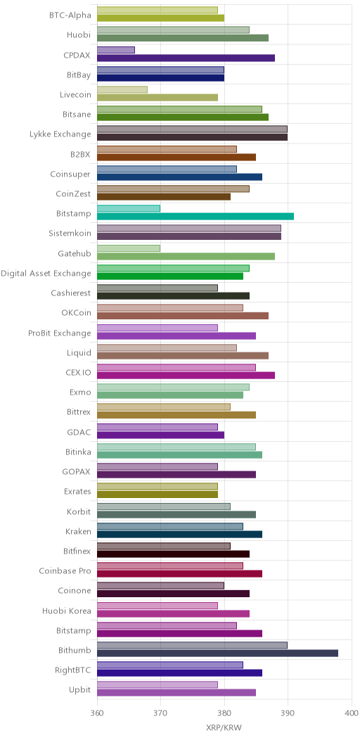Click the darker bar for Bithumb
[217, 653]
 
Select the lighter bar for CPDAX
[116, 50]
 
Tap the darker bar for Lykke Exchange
[192, 137]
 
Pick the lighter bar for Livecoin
[122, 89]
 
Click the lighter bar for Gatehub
[129, 248]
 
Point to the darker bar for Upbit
[176, 693]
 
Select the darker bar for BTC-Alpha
[160, 18]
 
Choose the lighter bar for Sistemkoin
[189, 229]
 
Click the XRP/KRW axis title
[224, 728]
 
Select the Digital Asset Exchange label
[46, 273]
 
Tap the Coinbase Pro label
[65, 571]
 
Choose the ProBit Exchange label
[60, 333]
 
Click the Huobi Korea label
[67, 611]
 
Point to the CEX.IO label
[78, 373]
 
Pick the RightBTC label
[72, 670]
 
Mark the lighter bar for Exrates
[157, 486]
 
